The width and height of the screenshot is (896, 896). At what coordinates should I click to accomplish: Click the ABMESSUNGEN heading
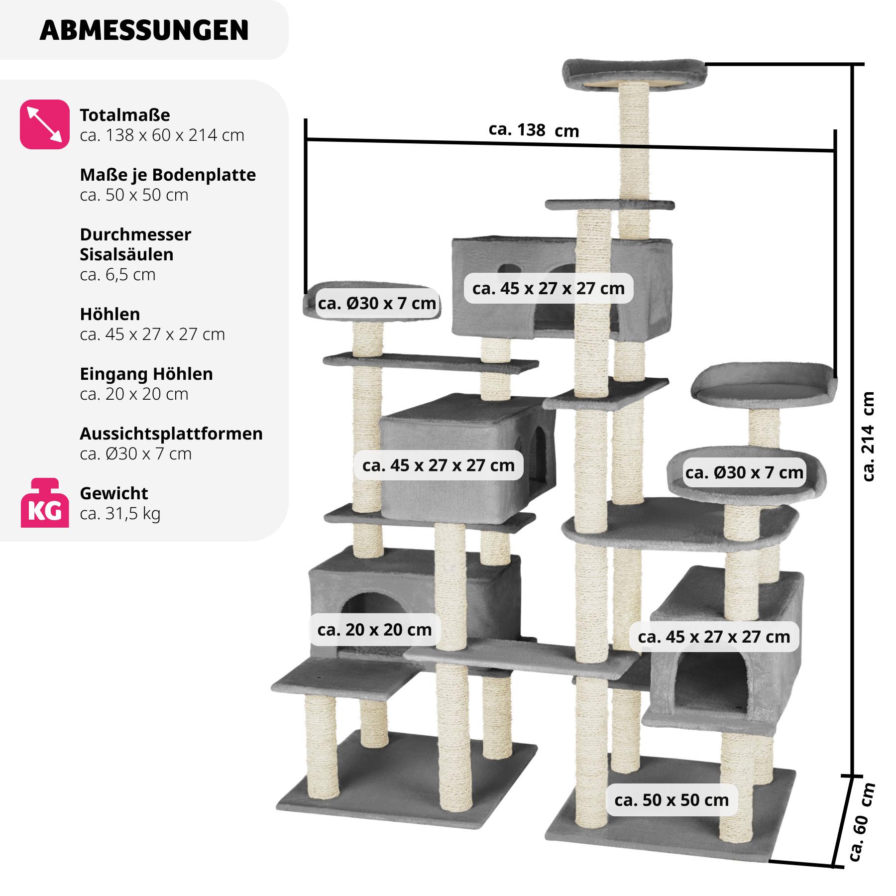(144, 30)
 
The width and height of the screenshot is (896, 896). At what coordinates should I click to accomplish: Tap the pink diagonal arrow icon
(44, 124)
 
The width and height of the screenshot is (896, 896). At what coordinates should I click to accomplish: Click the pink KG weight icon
(44, 503)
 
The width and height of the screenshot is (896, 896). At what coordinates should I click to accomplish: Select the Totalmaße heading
(125, 115)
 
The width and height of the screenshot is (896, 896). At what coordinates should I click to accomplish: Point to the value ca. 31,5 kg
(120, 513)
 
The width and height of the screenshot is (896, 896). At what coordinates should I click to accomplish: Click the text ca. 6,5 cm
(117, 274)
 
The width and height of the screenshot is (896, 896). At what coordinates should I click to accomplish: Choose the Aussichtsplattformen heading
(171, 434)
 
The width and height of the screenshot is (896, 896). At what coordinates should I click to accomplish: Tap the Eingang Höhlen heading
(146, 374)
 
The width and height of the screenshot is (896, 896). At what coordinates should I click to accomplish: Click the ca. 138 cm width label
(534, 130)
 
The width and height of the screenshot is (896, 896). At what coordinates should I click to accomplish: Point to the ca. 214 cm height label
(869, 436)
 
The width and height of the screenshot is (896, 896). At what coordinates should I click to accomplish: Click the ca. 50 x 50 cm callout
(672, 800)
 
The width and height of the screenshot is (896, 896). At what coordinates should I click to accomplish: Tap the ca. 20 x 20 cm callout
(374, 630)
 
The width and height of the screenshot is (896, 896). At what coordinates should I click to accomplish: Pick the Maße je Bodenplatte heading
(168, 175)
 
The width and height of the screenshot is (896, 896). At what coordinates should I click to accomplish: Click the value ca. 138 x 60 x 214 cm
(162, 135)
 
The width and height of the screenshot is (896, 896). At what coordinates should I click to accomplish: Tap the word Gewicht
(114, 493)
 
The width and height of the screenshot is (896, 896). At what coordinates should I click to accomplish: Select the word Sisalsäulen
(126, 254)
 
